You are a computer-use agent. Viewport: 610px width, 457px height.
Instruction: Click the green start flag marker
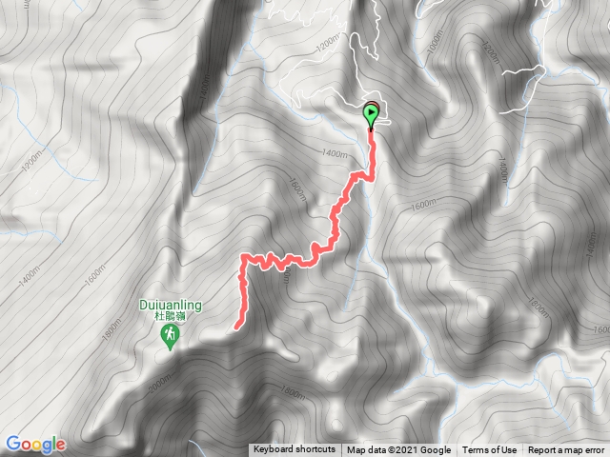tap(371, 114)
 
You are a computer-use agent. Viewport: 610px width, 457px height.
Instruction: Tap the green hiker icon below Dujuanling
tap(171, 337)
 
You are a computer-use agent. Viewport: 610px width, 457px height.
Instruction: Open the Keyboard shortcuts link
tap(294, 450)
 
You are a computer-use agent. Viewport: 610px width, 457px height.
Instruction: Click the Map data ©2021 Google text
tap(398, 450)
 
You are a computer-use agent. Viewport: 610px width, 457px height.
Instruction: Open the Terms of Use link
tap(490, 450)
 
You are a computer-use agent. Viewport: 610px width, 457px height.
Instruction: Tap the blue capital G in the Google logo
tap(12, 444)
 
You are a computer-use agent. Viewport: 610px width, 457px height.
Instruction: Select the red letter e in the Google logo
tap(60, 445)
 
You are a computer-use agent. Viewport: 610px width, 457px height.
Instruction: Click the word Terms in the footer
tap(477, 450)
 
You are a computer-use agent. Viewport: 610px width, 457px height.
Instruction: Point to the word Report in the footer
tap(544, 450)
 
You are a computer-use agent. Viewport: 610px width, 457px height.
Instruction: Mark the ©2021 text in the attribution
tap(407, 450)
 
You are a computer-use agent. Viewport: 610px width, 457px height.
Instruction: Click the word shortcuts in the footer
tap(314, 450)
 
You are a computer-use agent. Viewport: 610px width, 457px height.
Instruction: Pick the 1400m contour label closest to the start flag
tap(334, 152)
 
